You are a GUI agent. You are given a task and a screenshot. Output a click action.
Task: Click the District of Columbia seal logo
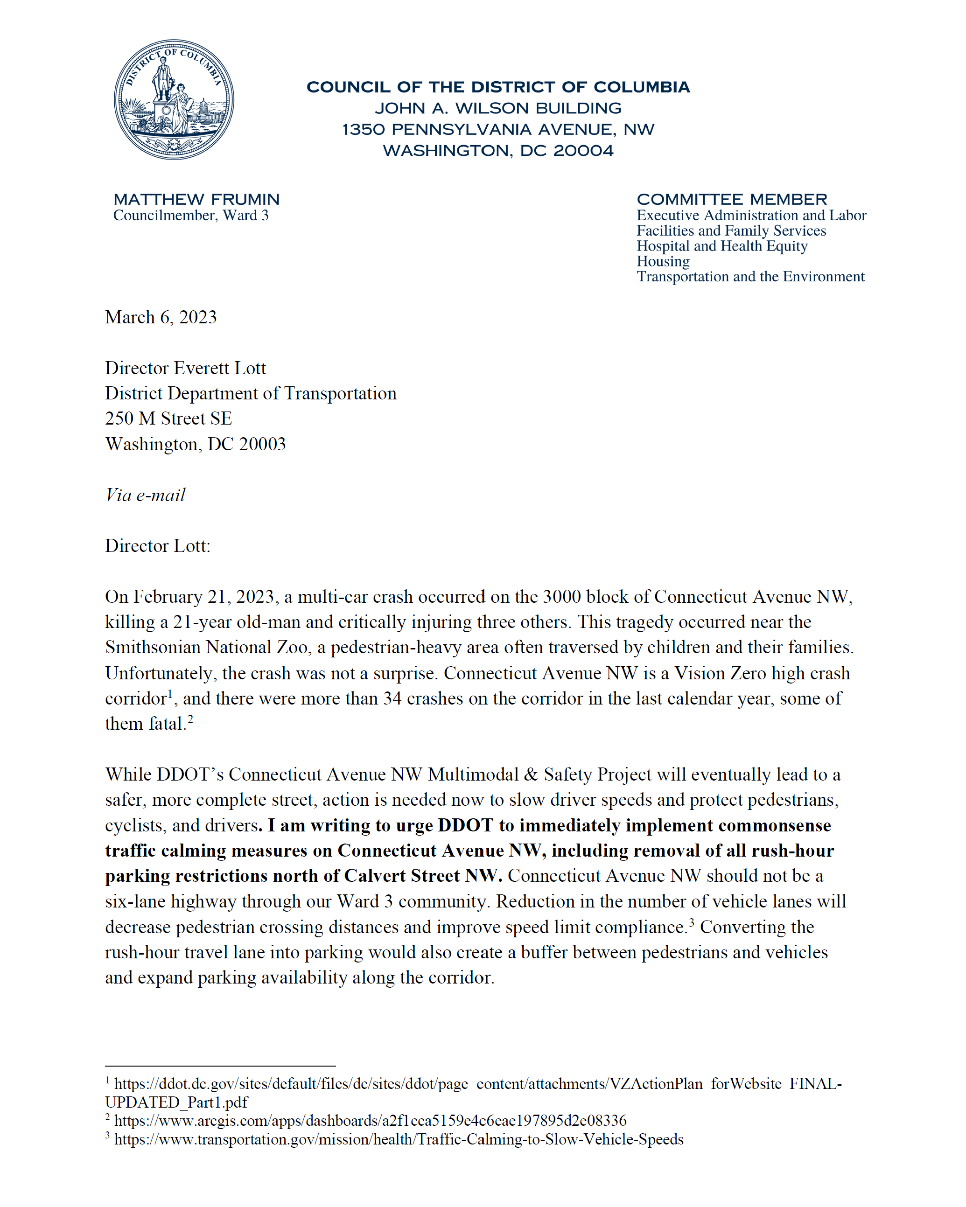174,100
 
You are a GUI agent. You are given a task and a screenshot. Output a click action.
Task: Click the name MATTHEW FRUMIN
196,199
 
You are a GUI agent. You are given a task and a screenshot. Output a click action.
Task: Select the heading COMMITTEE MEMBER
731,199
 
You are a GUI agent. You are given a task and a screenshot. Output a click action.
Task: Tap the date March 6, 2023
161,317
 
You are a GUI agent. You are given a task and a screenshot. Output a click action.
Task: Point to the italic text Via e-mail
145,495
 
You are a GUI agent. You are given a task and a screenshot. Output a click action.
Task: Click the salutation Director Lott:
157,546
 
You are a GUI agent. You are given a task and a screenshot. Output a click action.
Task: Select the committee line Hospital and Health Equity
721,246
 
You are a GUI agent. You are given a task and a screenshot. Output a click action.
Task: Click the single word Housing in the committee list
663,261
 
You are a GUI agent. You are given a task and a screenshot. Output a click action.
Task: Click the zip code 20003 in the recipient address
262,444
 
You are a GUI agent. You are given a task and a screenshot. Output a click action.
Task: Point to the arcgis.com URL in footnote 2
370,1120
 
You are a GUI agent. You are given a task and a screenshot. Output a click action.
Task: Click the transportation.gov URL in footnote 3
398,1139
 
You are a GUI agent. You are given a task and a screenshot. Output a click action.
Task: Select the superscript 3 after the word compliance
691,922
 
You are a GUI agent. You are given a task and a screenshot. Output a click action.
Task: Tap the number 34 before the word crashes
392,698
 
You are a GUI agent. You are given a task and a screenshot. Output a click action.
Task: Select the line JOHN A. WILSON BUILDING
498,108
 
